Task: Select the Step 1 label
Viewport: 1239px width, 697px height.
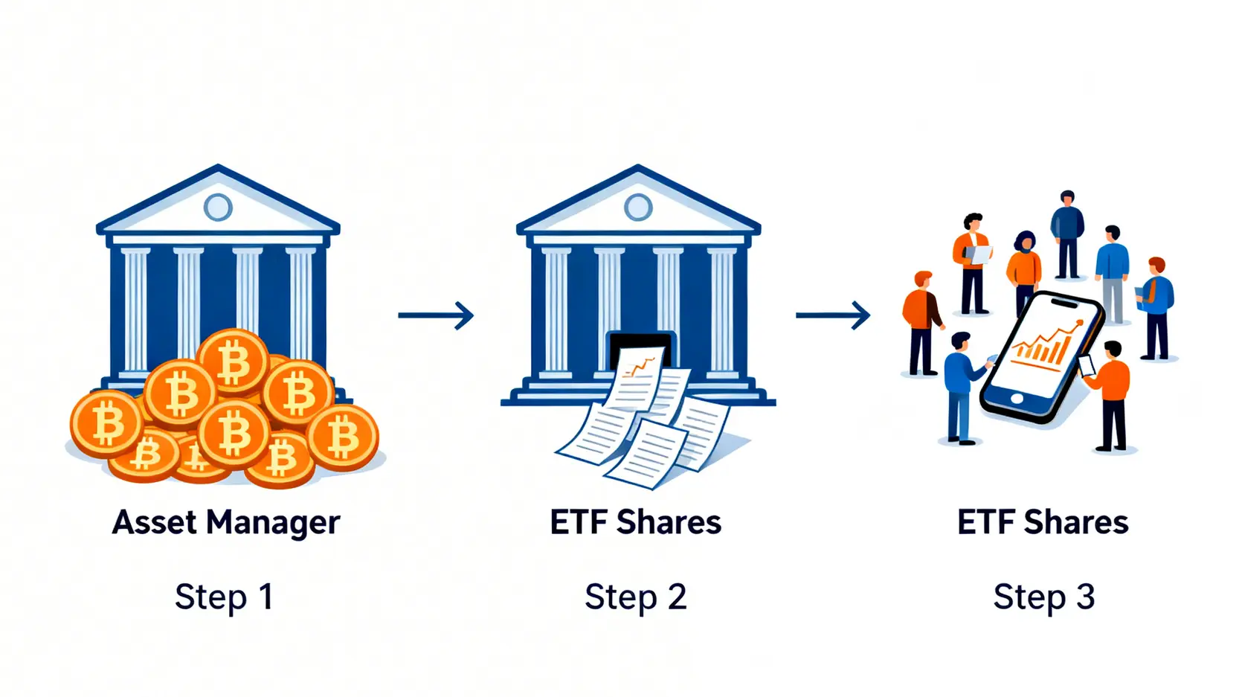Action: click(x=224, y=597)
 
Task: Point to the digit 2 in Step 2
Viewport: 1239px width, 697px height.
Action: click(x=676, y=597)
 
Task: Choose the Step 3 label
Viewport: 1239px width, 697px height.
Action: click(x=1043, y=597)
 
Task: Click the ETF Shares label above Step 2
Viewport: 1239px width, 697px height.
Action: click(x=635, y=522)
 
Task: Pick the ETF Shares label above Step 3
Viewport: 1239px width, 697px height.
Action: click(x=1043, y=522)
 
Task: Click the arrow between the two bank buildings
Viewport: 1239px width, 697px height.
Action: click(x=436, y=315)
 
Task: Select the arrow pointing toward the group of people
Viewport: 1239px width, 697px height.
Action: click(x=833, y=315)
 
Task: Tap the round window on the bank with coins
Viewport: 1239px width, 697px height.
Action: click(x=218, y=207)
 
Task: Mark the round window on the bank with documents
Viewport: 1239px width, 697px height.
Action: click(x=638, y=207)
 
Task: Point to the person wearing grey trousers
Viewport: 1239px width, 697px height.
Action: click(x=1112, y=275)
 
